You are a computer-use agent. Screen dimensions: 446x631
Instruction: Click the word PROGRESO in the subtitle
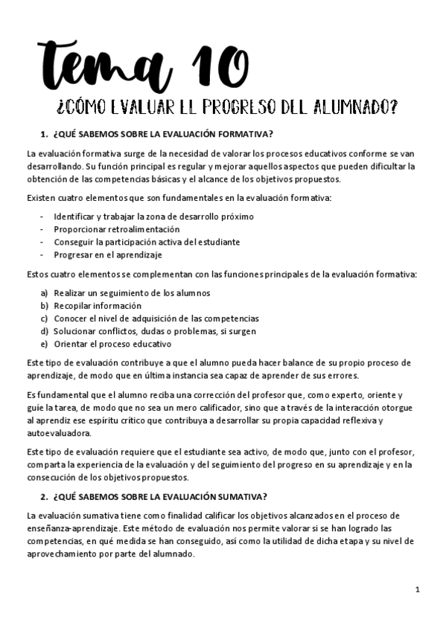pos(247,107)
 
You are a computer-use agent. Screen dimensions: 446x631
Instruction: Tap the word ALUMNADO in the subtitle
pos(350,107)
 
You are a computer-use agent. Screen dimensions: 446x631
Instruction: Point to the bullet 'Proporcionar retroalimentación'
pos(117,229)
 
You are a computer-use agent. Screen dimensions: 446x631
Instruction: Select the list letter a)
pos(45,293)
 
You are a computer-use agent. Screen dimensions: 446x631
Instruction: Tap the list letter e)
pos(45,344)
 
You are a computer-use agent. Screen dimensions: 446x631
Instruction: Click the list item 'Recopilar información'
pos(98,306)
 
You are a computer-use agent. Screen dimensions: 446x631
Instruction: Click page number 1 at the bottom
pos(418,590)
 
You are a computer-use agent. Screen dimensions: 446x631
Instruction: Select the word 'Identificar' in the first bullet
pos(75,217)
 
